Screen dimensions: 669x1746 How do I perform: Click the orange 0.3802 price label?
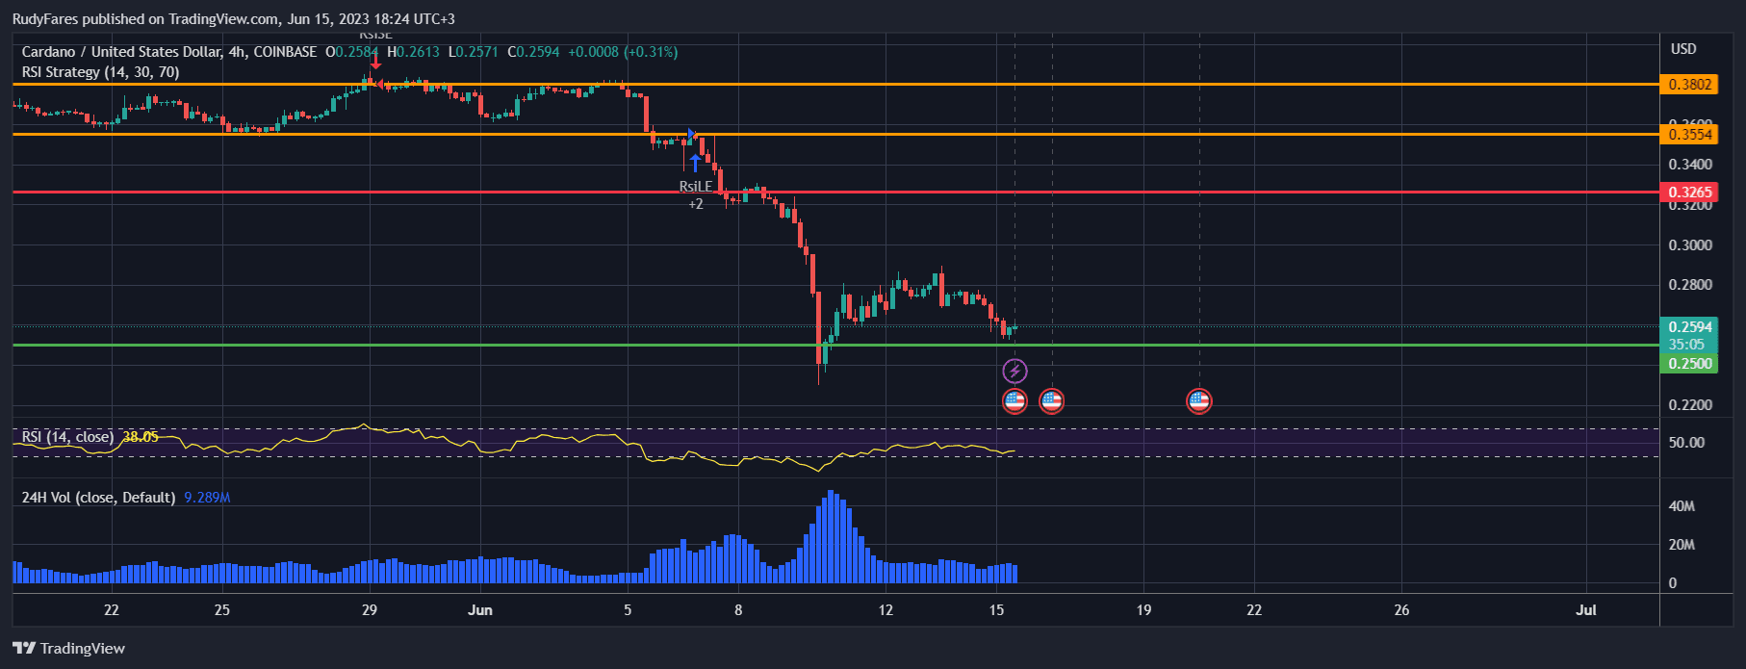click(x=1689, y=85)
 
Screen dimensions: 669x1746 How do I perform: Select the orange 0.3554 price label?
click(x=1689, y=135)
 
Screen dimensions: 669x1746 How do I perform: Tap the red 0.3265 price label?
click(x=1689, y=193)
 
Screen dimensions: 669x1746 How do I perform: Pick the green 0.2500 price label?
click(x=1689, y=364)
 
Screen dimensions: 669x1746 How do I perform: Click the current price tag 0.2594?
click(x=1689, y=327)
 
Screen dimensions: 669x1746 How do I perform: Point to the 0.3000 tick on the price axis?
click(x=1690, y=245)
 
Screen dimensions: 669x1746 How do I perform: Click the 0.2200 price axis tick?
click(x=1690, y=405)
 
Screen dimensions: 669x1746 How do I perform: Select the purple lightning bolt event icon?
click(x=1014, y=371)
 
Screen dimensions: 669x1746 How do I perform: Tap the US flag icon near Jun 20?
click(x=1198, y=401)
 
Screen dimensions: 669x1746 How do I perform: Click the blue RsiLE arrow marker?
click(x=695, y=162)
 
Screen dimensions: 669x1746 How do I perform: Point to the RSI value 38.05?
click(x=141, y=437)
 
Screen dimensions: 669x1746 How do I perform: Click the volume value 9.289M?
click(x=207, y=498)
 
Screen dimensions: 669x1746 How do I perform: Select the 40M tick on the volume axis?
click(x=1682, y=506)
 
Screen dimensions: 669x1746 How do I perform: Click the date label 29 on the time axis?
click(x=370, y=610)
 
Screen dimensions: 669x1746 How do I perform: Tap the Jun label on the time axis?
click(x=479, y=610)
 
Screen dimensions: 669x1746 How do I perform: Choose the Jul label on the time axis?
click(x=1585, y=610)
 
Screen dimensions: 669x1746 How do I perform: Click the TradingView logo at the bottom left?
click(x=68, y=649)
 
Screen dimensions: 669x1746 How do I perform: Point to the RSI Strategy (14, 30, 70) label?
click(x=100, y=72)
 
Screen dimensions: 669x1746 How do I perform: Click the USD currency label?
click(x=1683, y=49)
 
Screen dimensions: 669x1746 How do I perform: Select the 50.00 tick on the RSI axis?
click(x=1686, y=443)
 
